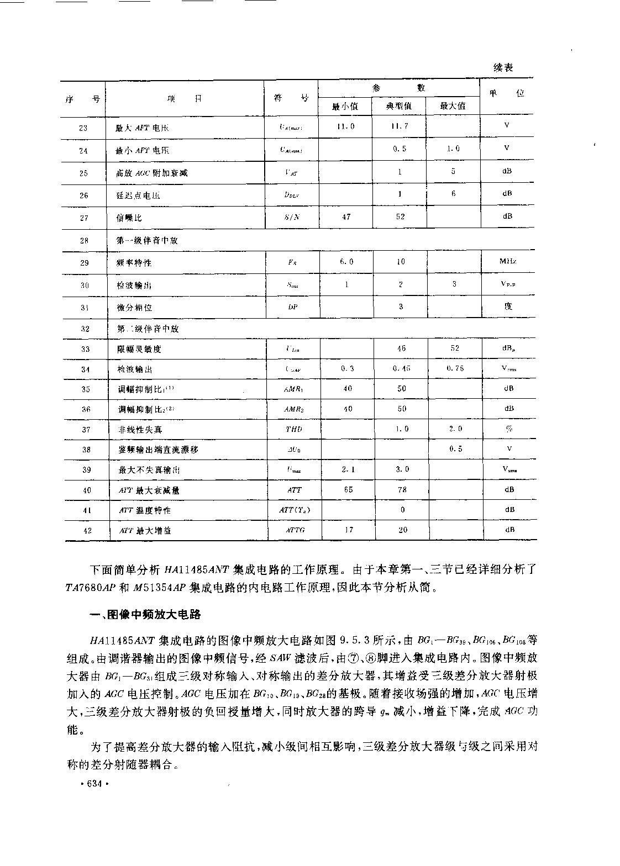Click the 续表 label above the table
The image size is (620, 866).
[503, 67]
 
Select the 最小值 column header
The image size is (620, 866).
[345, 106]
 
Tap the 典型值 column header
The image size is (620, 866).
[399, 106]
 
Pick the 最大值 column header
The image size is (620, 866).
[453, 106]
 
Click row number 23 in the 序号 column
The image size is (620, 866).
[83, 128]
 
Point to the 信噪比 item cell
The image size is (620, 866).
[129, 218]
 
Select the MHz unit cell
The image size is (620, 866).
[507, 261]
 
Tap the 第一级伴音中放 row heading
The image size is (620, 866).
[148, 241]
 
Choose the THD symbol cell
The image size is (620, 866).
[294, 429]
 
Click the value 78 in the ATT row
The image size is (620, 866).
[402, 489]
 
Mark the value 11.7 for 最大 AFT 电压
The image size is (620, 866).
[400, 126]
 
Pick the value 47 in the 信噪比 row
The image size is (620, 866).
[346, 217]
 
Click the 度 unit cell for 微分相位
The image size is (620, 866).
[508, 306]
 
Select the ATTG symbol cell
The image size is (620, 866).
[295, 530]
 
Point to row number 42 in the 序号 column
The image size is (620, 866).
[87, 530]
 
